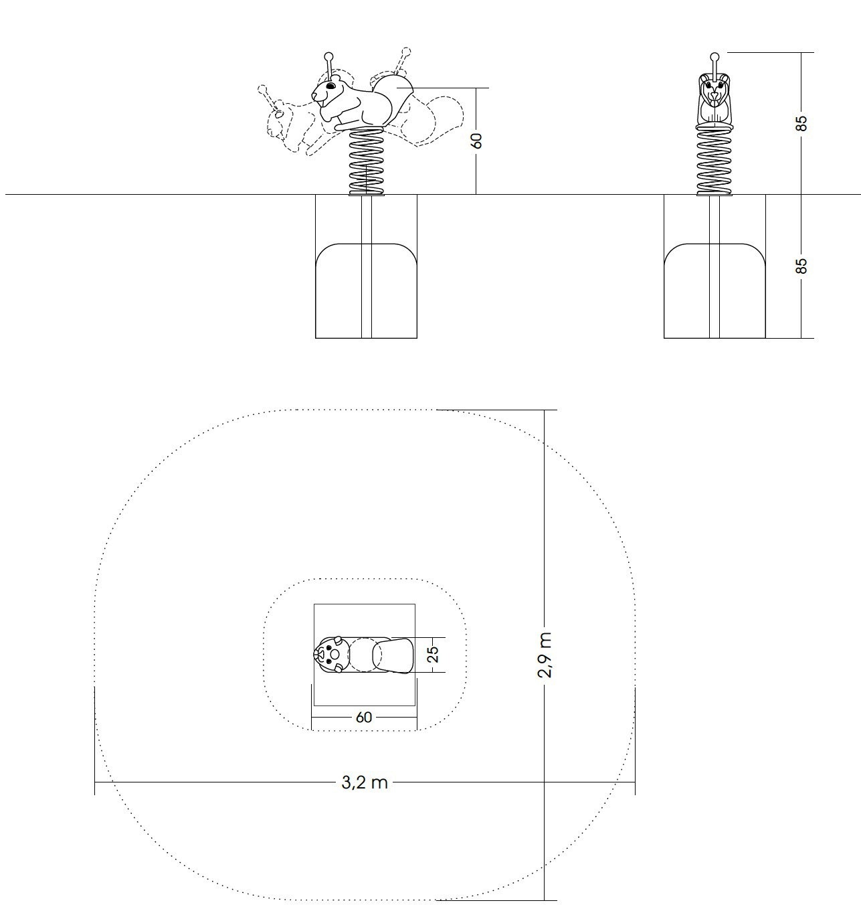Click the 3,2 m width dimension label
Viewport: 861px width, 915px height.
(x=365, y=782)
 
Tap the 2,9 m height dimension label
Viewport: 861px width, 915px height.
(x=545, y=655)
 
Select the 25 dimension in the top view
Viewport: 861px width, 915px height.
(x=434, y=654)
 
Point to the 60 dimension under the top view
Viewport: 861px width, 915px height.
(x=364, y=718)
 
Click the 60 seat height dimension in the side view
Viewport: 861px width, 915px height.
(x=477, y=141)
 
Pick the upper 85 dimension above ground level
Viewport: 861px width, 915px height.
(x=801, y=123)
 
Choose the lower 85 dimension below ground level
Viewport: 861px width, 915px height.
(x=801, y=266)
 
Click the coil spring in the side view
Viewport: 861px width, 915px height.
(x=366, y=161)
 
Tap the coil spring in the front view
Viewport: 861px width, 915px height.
(x=714, y=161)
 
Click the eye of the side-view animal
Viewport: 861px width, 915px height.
(x=331, y=86)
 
